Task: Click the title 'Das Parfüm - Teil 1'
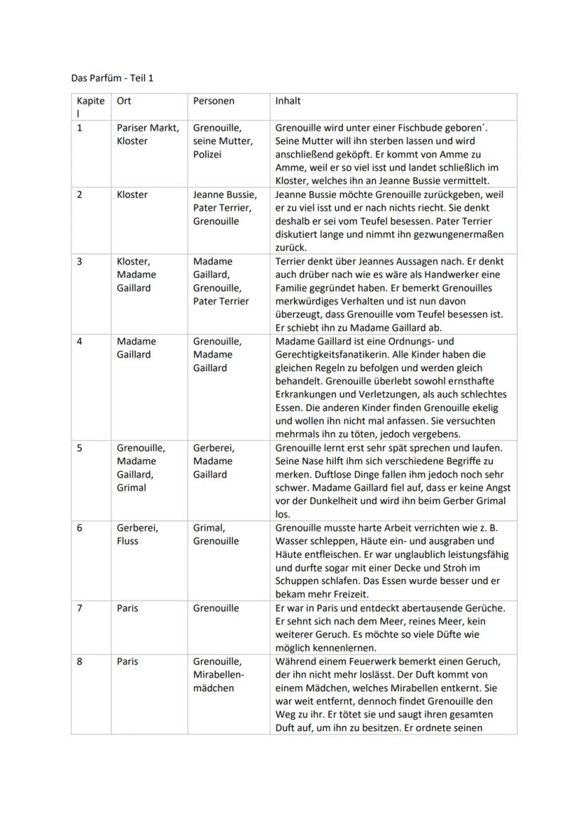[x=112, y=77]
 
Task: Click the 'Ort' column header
[x=124, y=101]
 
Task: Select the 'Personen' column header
[x=214, y=101]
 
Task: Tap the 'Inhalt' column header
[x=288, y=101]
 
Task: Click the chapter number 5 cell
[x=80, y=448]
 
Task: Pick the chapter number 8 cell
[x=80, y=661]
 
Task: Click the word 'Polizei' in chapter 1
[x=207, y=154]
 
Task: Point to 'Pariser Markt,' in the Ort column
[x=148, y=128]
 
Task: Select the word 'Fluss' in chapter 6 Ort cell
[x=128, y=541]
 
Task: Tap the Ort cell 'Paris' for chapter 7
[x=128, y=608]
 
